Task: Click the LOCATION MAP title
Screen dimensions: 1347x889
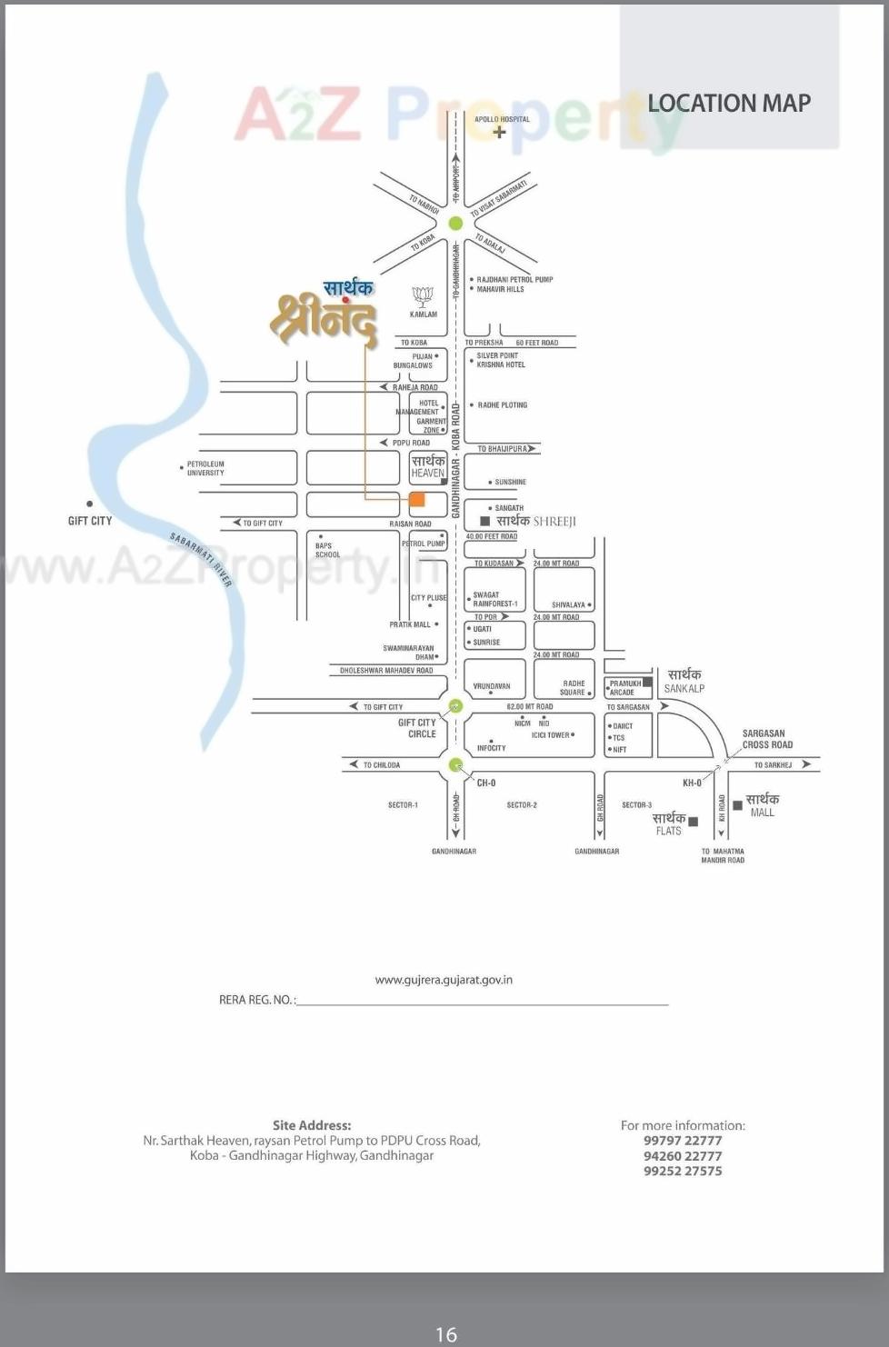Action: click(x=729, y=104)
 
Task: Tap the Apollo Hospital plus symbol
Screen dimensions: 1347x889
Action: click(x=499, y=132)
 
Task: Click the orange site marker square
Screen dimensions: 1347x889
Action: click(x=417, y=499)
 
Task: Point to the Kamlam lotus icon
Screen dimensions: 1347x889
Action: click(x=423, y=296)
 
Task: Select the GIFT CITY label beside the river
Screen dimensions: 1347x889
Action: click(x=90, y=521)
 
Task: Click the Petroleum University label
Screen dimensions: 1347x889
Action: click(x=205, y=468)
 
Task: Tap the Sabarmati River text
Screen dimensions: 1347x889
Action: click(x=202, y=559)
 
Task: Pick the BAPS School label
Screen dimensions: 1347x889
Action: click(x=327, y=550)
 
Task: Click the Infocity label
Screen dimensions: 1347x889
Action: click(x=491, y=748)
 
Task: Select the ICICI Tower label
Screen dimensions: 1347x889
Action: click(x=551, y=735)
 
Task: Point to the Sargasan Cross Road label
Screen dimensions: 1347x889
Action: click(x=767, y=739)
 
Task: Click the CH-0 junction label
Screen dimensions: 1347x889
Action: click(x=486, y=783)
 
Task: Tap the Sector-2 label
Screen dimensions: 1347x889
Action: click(x=522, y=805)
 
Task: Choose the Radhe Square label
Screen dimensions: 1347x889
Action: click(x=573, y=688)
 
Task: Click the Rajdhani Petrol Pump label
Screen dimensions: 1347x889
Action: click(x=514, y=280)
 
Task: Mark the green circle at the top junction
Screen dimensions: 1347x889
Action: click(x=455, y=223)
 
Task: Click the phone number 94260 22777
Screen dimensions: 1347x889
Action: click(x=683, y=1156)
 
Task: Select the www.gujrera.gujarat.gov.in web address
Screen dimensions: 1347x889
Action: click(x=444, y=980)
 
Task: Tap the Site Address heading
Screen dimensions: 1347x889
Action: click(x=312, y=1125)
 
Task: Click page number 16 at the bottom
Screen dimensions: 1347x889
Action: click(x=445, y=1334)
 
